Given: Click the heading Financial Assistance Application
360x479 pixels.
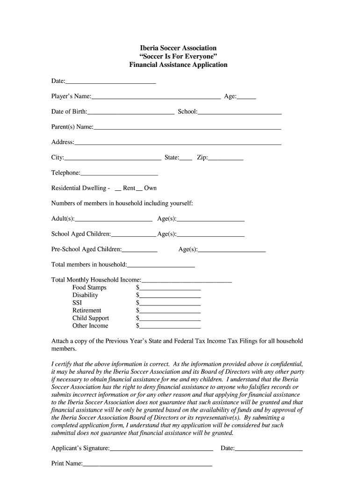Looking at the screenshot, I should point(178,65).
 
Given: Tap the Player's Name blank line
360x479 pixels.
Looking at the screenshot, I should point(156,97).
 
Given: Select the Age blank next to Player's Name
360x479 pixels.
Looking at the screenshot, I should point(246,97).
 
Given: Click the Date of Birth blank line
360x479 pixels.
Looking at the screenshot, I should point(131,113).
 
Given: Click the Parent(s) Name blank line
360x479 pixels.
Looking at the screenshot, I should point(187,128).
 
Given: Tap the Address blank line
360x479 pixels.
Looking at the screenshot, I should point(178,143).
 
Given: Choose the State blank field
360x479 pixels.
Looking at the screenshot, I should point(186,159).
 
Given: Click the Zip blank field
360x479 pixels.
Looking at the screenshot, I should point(226,159).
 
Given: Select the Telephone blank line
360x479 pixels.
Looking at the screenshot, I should point(119,174).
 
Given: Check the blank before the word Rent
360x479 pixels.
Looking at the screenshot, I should point(118,189).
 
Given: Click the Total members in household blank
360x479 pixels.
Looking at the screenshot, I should point(161,266).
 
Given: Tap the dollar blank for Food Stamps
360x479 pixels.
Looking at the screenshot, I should point(170,289).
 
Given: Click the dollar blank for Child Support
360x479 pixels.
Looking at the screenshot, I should point(170,319).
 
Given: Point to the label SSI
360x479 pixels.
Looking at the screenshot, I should point(77,303).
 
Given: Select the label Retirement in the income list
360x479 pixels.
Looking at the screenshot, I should point(86,311).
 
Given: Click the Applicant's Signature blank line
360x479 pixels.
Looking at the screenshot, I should point(161,450).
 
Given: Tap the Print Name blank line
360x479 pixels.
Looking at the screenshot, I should point(147,465).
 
